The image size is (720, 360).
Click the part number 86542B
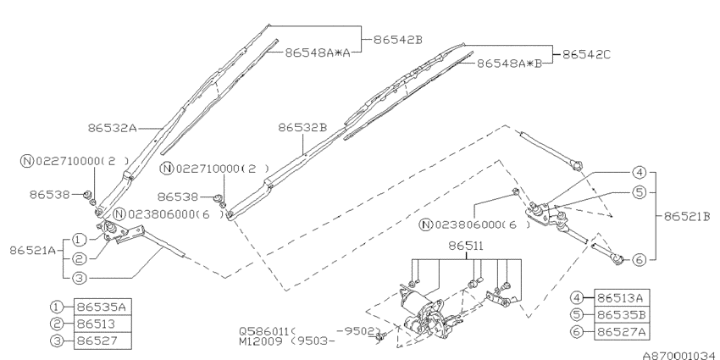pyautogui.click(x=390, y=38)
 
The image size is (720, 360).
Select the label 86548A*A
pyautogui.click(x=316, y=52)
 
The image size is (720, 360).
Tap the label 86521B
pyautogui.click(x=684, y=216)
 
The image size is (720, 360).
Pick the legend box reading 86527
pyautogui.click(x=101, y=341)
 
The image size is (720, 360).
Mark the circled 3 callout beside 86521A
pyautogui.click(x=79, y=275)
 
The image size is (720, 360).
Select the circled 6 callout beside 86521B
pyautogui.click(x=638, y=258)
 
